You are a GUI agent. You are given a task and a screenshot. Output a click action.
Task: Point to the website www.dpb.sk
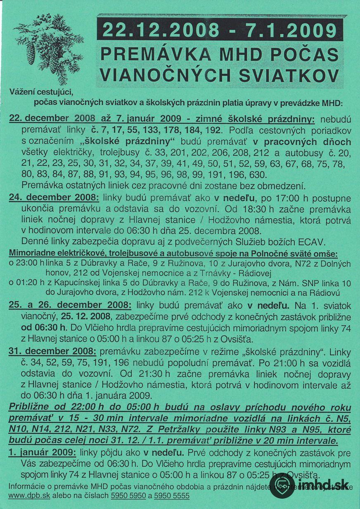[29, 495]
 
